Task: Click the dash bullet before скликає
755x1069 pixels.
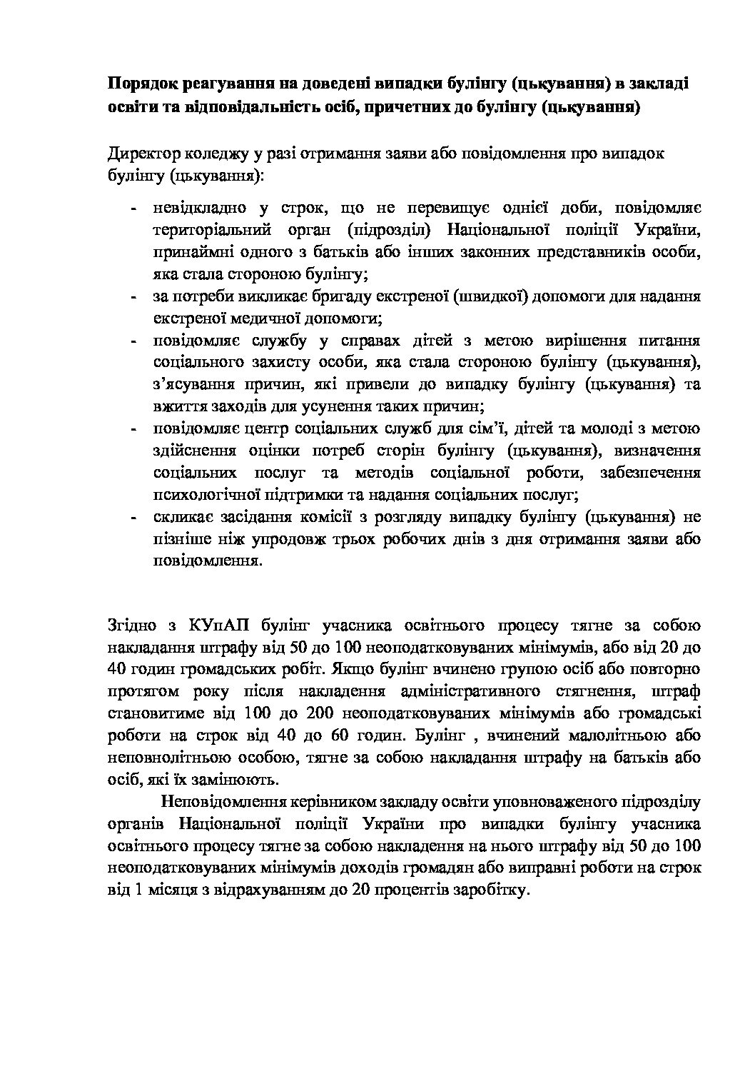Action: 134,517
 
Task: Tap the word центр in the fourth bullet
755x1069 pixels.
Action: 254,429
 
